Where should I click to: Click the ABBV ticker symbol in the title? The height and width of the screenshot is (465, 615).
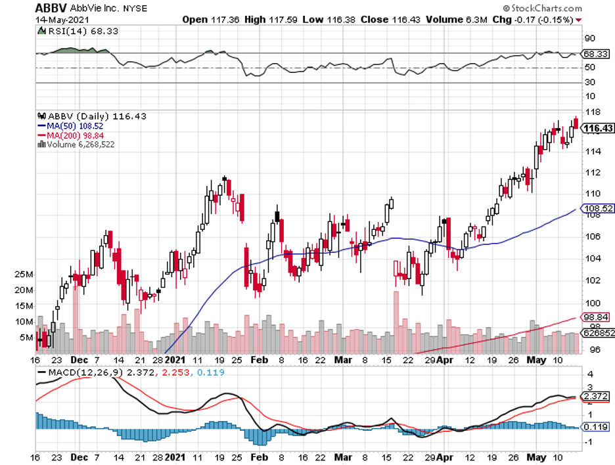click(x=49, y=9)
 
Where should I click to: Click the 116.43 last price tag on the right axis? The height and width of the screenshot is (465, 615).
click(x=598, y=128)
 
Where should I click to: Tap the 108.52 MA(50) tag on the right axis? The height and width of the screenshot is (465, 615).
click(x=598, y=209)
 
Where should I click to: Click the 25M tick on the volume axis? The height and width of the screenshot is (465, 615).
click(x=26, y=274)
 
